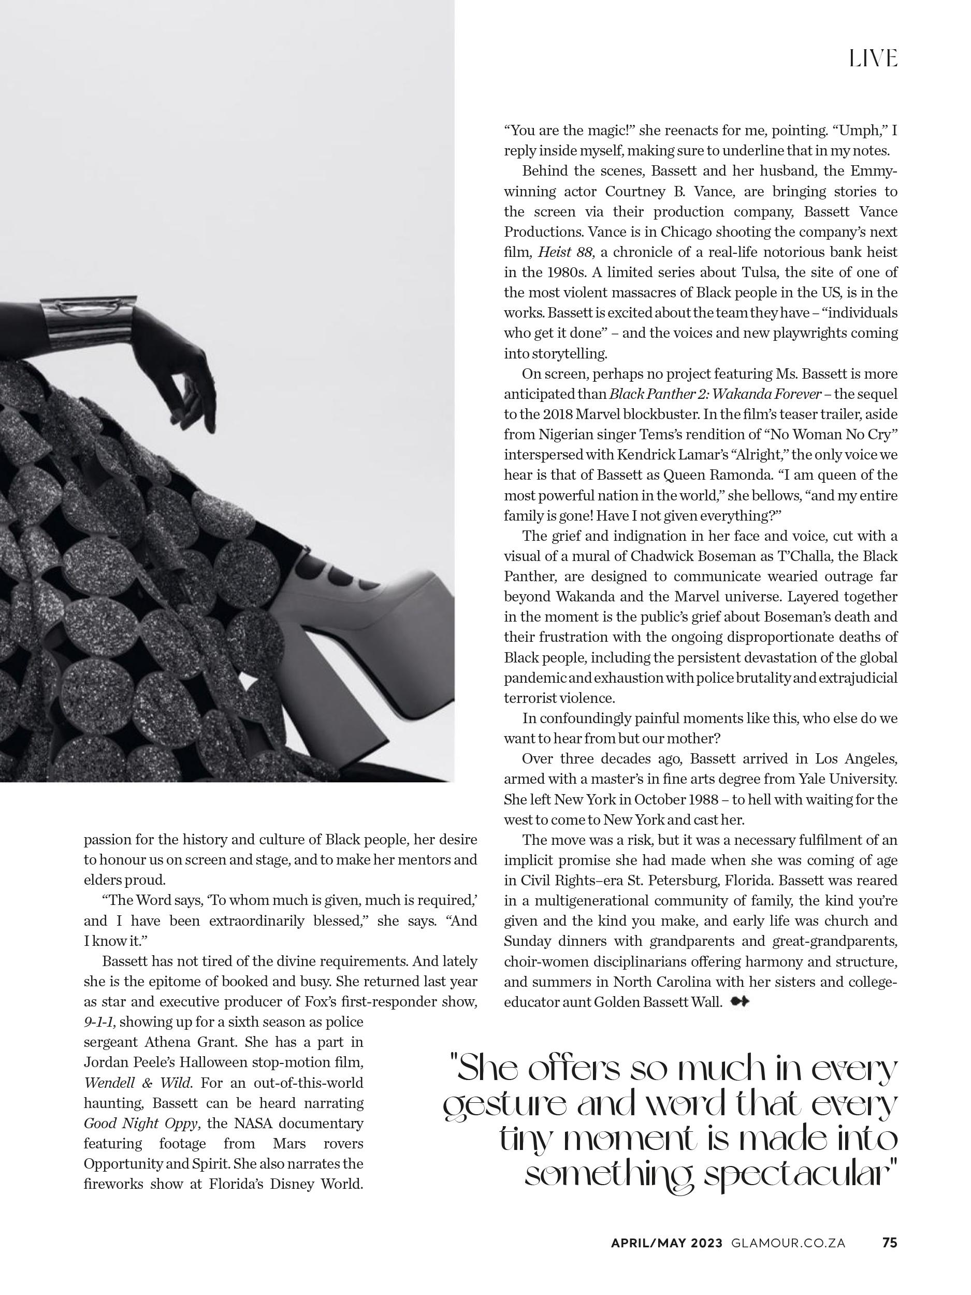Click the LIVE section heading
[x=873, y=59]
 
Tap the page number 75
[x=889, y=1259]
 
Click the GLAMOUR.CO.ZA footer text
[x=788, y=1259]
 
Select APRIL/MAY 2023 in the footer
[x=666, y=1259]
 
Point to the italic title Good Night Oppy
[x=143, y=1123]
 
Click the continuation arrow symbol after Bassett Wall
[x=740, y=1002]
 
